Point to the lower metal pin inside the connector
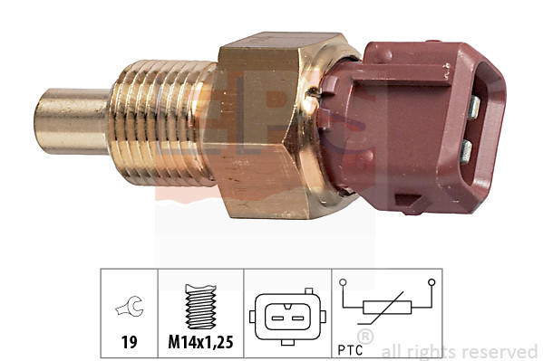[464, 149]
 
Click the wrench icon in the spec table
[127, 309]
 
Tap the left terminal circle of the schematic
[344, 283]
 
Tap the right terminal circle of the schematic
[432, 283]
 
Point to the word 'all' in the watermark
[393, 352]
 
